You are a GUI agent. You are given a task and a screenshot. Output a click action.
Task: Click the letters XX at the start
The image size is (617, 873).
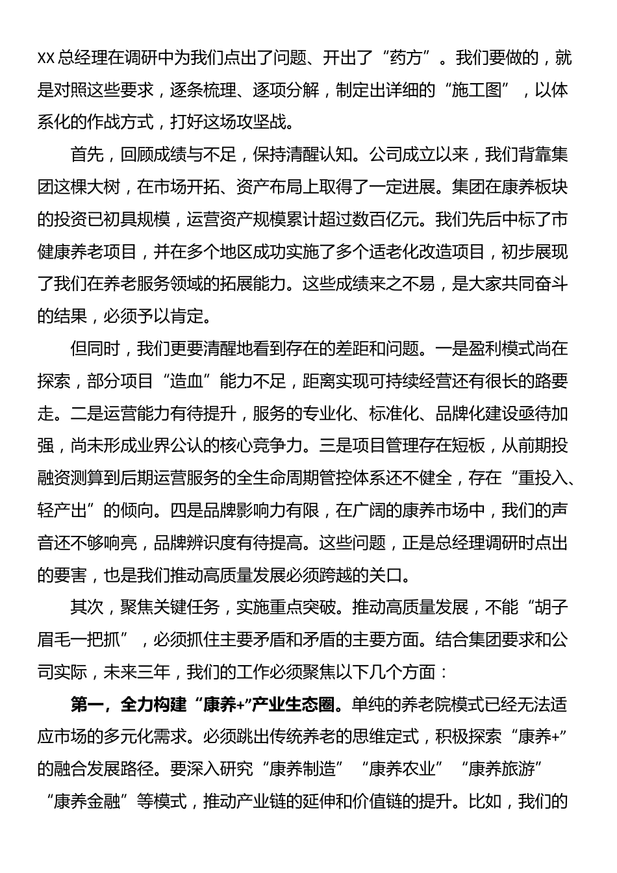(x=46, y=58)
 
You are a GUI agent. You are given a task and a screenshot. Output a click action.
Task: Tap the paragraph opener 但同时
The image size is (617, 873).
(x=95, y=349)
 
